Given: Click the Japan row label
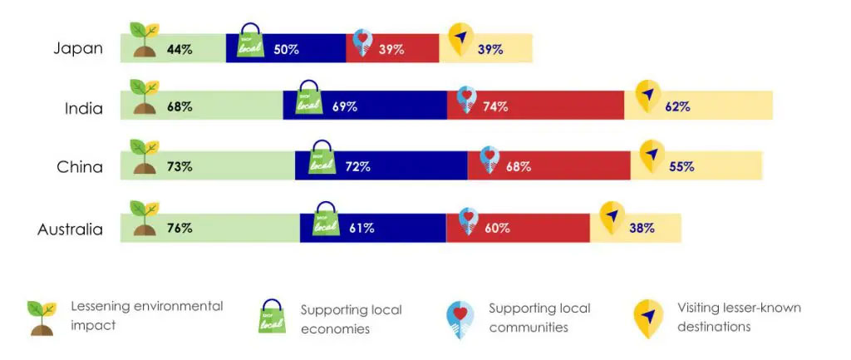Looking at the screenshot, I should tap(77, 48).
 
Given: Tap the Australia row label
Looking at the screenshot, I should tap(71, 229).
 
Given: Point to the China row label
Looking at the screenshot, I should tap(79, 167).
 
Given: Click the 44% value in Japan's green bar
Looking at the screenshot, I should tap(179, 50).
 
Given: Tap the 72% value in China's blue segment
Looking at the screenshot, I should tap(357, 166).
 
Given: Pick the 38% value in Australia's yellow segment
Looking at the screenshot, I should tap(641, 227).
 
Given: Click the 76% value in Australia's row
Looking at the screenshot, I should tap(179, 228).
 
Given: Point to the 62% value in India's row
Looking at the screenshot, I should tap(677, 106).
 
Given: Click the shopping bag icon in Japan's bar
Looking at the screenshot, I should tap(251, 42).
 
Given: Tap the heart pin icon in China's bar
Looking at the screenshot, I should tap(490, 158).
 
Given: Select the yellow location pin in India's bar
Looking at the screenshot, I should tap(647, 97).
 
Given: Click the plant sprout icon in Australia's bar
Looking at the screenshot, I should tap(145, 218).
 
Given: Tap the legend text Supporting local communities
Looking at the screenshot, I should tap(539, 317).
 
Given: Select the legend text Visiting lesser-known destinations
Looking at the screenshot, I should tap(739, 317).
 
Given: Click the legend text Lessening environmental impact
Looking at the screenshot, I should tap(146, 316).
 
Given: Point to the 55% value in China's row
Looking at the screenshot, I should tap(681, 166).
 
